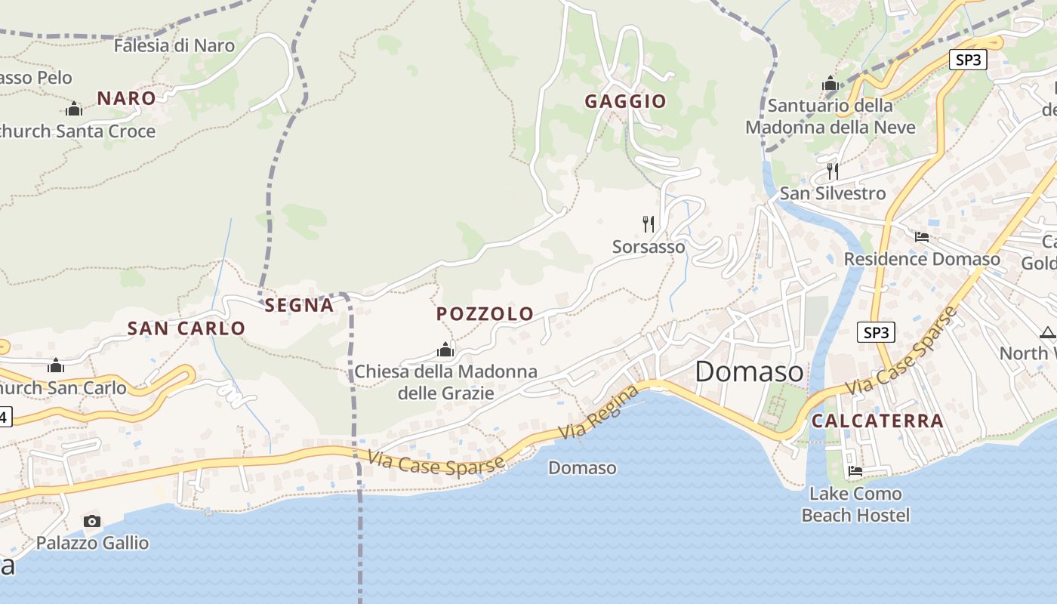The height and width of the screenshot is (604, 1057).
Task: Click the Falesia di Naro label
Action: coord(174,45)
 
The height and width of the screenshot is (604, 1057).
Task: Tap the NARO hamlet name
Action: coord(126,98)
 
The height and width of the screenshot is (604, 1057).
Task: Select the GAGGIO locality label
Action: coord(625,101)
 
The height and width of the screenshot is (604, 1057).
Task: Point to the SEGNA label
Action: coord(299,305)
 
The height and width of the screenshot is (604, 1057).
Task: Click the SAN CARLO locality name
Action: coord(186,328)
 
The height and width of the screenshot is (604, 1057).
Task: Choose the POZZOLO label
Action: coord(485,314)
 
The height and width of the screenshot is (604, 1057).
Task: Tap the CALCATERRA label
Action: coord(877,421)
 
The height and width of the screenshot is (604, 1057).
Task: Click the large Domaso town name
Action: coord(749,371)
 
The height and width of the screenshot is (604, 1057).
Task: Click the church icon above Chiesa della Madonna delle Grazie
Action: coord(445,350)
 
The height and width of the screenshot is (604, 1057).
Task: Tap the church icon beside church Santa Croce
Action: coord(74,109)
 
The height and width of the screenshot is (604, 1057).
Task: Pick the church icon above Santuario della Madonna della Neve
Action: coord(830,83)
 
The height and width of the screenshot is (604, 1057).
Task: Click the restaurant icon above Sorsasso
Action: coord(648,223)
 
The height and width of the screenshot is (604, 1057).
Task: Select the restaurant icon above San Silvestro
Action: coord(832,171)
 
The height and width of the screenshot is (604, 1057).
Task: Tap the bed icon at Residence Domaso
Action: coord(921,237)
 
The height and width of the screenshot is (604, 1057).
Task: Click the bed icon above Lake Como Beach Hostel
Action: coord(855,471)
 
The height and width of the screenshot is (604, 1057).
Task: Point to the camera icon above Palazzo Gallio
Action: coord(92,521)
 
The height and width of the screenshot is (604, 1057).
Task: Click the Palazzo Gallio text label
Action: coord(92,543)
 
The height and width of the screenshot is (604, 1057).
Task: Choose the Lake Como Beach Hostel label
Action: coord(855,504)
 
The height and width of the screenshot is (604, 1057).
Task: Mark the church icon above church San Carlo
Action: coord(56,366)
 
